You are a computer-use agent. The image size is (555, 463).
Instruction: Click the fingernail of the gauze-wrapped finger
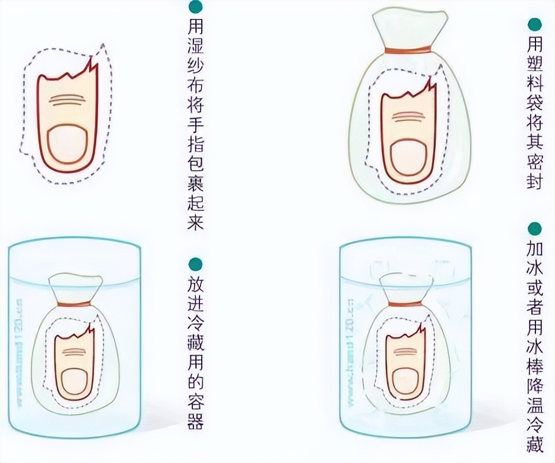(x=66, y=146)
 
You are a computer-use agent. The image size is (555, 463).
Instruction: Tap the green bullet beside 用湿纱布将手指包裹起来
(x=193, y=7)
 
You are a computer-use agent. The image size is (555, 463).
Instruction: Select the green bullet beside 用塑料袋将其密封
(x=534, y=25)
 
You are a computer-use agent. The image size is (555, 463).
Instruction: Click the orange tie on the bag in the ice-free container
(x=73, y=304)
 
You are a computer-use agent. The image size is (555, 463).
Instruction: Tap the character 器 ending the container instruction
(x=195, y=422)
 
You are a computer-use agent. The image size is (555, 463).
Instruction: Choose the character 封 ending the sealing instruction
(x=535, y=181)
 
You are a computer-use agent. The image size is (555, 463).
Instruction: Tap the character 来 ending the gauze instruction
(x=195, y=222)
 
